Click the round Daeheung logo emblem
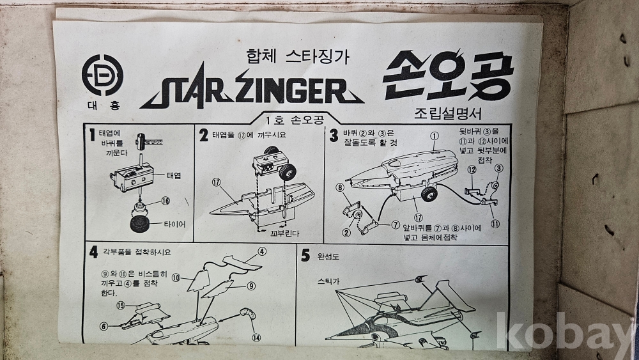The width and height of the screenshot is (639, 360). click(102, 75)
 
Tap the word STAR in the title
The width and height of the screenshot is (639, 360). click(185, 91)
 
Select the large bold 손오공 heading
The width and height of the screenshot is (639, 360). click(448, 75)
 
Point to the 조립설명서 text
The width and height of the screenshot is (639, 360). click(448, 113)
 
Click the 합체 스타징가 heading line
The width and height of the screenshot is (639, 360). click(298, 57)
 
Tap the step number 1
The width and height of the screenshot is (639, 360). click(93, 136)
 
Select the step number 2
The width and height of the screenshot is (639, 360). click(203, 136)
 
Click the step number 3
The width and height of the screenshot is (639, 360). click(334, 136)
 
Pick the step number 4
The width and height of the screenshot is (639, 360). click(94, 253)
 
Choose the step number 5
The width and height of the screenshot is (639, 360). click(305, 256)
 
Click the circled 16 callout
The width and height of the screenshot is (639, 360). click(165, 201)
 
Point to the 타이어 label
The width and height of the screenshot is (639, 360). click(174, 224)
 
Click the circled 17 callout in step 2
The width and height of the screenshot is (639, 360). click(216, 183)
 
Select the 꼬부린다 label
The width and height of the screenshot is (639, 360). click(284, 233)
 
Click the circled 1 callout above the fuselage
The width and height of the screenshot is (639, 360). click(434, 136)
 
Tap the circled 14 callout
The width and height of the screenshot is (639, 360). click(256, 337)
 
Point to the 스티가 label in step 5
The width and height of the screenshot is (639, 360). click(328, 281)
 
